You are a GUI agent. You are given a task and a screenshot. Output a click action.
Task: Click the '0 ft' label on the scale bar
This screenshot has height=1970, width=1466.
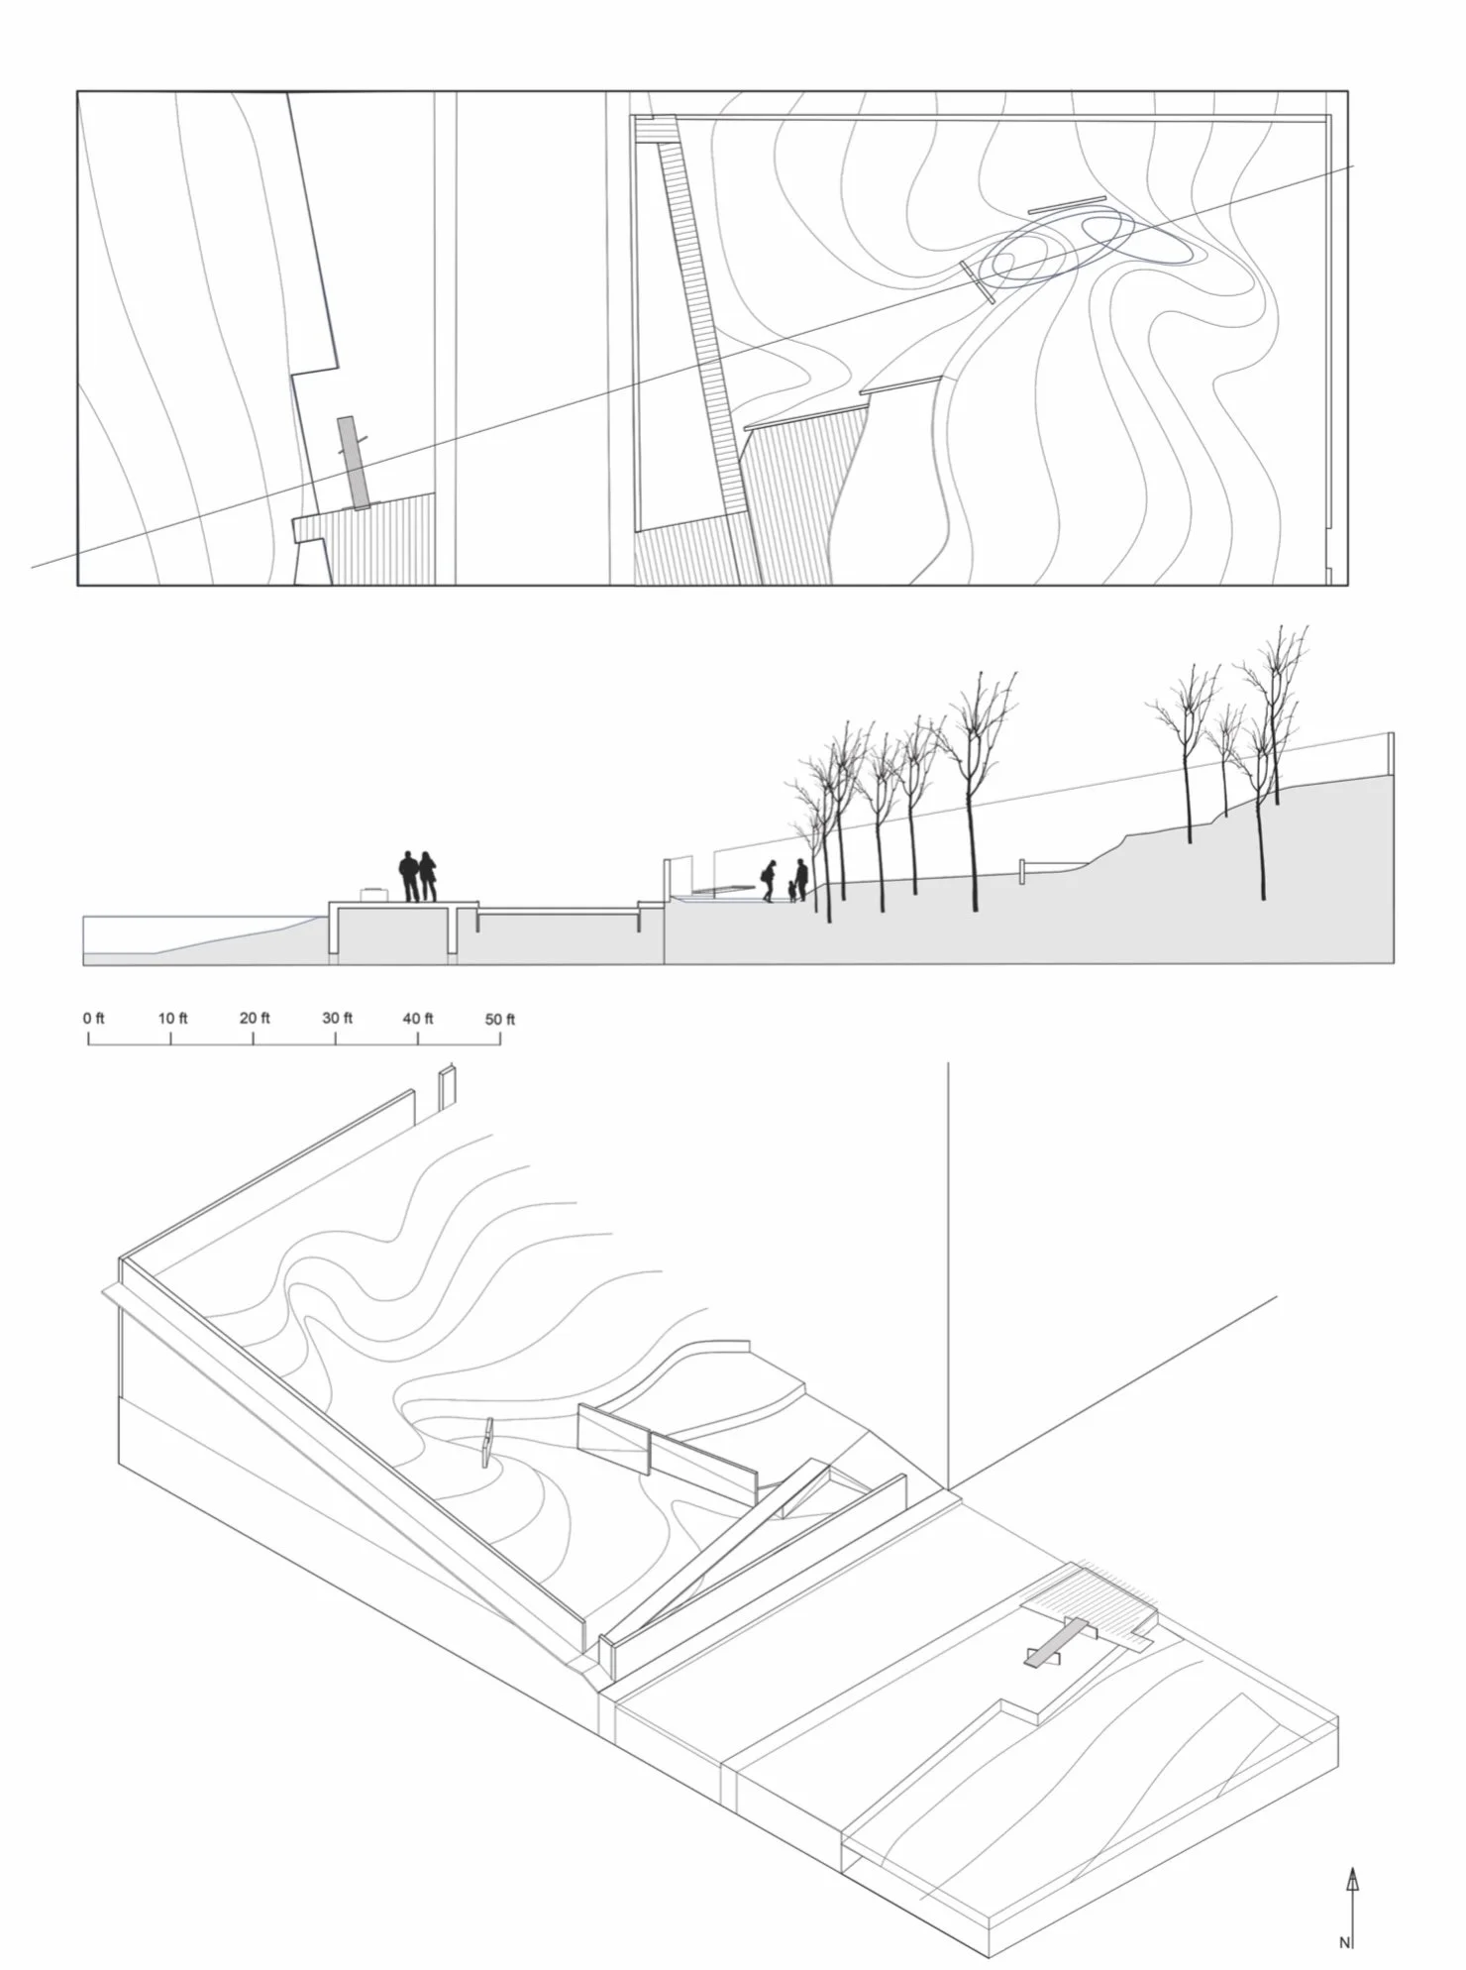[94, 1018]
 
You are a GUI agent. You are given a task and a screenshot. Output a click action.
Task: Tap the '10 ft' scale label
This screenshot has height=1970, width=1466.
[173, 1018]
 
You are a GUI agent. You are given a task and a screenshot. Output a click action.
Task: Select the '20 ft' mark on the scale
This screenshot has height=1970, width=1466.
[255, 1018]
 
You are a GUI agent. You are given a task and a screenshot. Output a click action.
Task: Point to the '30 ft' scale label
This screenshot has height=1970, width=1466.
[337, 1018]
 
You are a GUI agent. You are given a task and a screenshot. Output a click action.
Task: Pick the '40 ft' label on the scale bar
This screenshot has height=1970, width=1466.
[418, 1018]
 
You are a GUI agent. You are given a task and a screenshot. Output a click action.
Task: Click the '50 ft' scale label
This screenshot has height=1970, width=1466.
[500, 1019]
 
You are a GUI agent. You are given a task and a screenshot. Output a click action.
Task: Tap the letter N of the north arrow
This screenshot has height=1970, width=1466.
[1344, 1943]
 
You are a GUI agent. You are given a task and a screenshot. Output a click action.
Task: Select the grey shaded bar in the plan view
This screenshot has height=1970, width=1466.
[353, 462]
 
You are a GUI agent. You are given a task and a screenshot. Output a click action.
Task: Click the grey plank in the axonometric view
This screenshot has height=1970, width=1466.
[1056, 1645]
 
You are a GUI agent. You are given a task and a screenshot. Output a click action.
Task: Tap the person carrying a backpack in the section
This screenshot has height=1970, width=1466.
[768, 880]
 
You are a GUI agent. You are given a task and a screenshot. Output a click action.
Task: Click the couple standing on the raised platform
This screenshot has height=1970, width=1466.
[417, 876]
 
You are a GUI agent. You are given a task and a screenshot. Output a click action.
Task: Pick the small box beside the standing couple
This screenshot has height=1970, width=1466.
[372, 894]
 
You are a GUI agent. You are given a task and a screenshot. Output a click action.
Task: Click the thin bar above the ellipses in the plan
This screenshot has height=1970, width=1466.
[1067, 204]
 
